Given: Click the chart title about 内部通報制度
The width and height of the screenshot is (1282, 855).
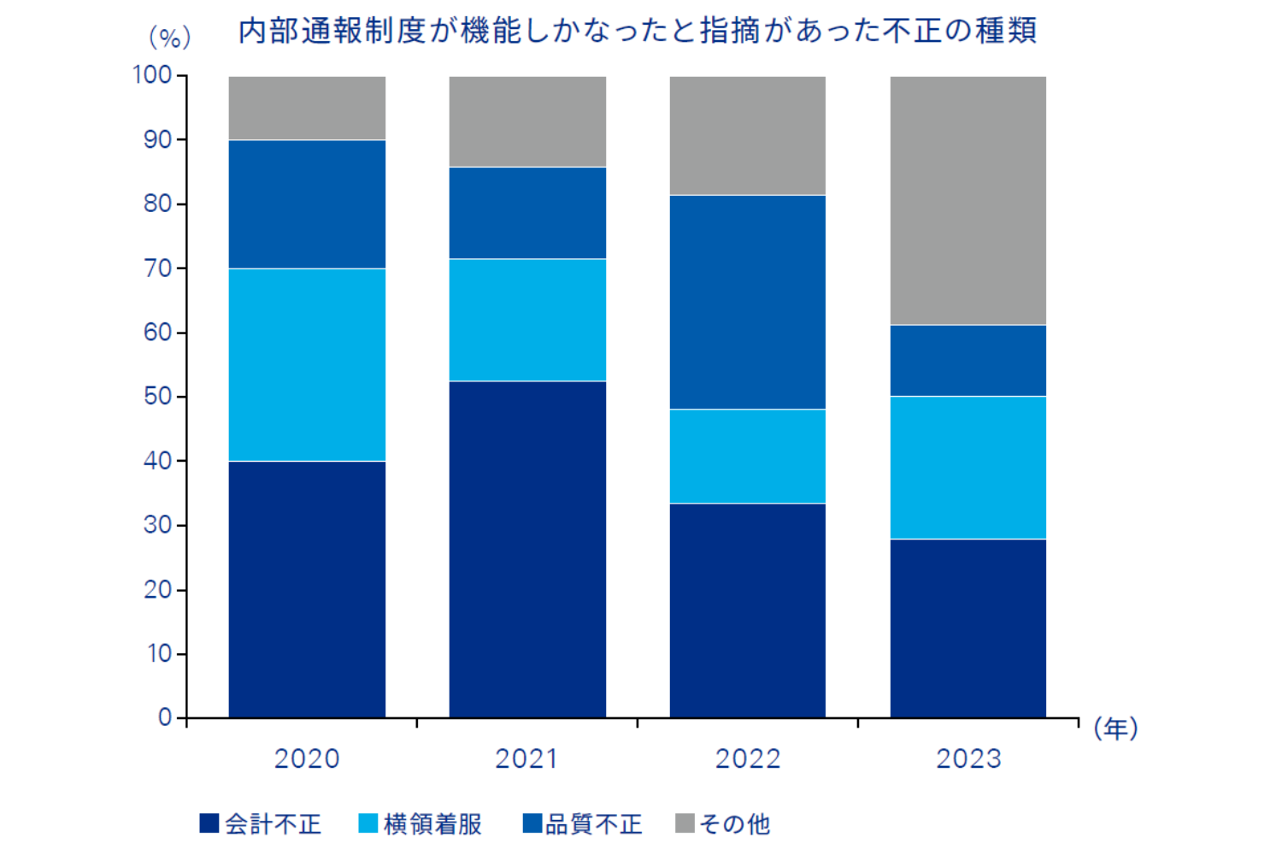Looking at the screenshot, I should pos(637,32).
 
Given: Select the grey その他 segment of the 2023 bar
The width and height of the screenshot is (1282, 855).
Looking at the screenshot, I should pos(967,200).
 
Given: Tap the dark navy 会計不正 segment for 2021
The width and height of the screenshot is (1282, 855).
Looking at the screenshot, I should pos(527,549).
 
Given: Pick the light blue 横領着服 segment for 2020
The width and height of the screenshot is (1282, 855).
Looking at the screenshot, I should pos(307,365).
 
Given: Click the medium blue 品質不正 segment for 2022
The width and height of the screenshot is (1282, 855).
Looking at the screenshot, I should pos(747,302).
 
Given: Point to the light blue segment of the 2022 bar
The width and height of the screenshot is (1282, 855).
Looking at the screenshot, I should pos(747,456).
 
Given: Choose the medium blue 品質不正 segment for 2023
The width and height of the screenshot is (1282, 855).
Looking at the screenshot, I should pos(967,360).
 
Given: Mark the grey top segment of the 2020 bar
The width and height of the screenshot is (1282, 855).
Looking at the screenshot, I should pos(307,108).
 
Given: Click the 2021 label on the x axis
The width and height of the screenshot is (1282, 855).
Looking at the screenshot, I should pos(526,758).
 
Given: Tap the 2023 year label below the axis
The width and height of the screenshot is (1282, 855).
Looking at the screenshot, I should pos(967,758).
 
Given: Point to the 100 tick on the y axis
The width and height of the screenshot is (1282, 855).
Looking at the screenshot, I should pos(153,75).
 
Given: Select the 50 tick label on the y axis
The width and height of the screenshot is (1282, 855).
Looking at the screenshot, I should pos(158,397).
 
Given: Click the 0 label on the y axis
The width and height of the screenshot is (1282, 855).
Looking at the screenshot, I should pos(165,717).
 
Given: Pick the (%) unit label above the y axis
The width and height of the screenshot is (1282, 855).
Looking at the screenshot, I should pos(169,37).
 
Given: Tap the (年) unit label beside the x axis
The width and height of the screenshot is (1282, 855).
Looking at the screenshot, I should pos(1115,728).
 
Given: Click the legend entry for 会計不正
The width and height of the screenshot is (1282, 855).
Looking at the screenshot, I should pos(261,823).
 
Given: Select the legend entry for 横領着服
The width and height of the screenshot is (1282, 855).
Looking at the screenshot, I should pos(420,823).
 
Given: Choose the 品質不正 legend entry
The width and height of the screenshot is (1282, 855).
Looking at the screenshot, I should pos(582,823).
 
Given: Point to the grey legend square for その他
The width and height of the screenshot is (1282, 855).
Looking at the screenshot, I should pos(685,823).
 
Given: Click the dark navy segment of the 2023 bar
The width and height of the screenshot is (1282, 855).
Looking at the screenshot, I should pos(967,628).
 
